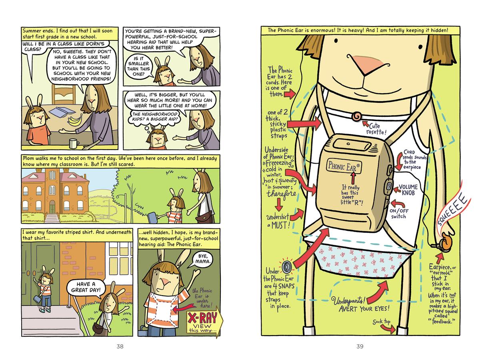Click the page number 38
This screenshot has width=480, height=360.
120,346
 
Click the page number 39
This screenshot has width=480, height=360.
360,346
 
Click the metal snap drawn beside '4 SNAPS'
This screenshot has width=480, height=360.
286,266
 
